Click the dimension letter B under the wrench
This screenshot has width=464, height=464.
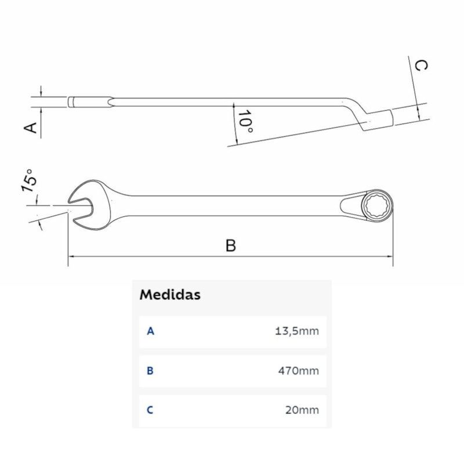231,245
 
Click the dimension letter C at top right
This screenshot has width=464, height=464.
422,65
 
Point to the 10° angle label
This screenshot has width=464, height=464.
245,122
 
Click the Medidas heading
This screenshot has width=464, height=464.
170,295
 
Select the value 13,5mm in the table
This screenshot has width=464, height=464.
297,331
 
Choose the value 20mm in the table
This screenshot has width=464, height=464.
302,410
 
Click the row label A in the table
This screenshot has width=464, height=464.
150,331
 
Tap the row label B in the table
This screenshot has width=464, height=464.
150,371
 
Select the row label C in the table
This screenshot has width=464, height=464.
150,410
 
